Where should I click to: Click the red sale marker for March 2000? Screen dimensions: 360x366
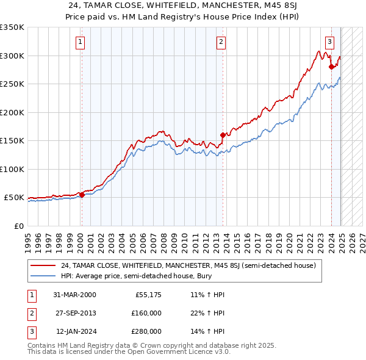click(82, 195)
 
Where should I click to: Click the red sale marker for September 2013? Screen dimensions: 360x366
click(223, 135)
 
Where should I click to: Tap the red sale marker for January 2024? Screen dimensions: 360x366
click(331, 67)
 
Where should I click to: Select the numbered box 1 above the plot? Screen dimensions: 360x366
click(81, 42)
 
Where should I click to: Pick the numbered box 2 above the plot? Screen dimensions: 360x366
click(221, 42)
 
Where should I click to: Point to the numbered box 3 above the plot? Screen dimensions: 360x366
click(329, 42)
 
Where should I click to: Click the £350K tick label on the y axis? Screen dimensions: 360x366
click(12, 27)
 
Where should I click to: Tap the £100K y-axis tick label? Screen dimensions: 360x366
click(12, 169)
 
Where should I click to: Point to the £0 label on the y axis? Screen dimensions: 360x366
click(18, 226)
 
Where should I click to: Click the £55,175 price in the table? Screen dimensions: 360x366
click(148, 295)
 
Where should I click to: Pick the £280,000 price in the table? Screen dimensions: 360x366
click(146, 331)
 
